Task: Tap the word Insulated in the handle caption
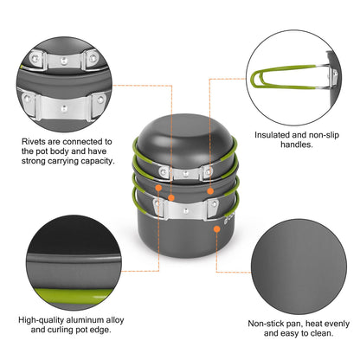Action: (x=275, y=135)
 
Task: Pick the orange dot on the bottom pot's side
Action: (x=216, y=229)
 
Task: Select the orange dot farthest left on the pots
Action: (x=159, y=187)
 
